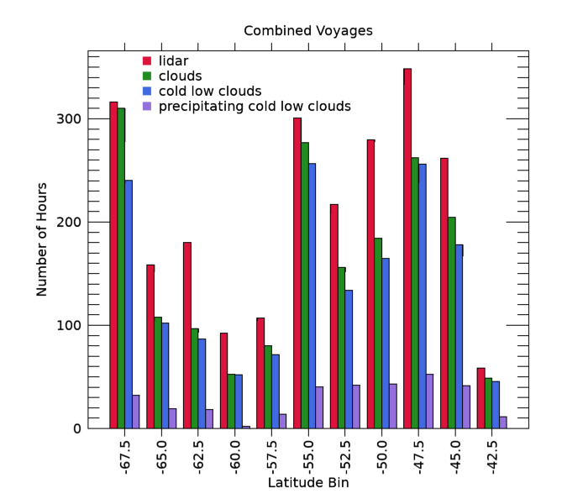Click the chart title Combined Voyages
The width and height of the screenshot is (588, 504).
coord(307,31)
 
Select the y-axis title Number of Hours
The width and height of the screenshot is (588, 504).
coord(42,239)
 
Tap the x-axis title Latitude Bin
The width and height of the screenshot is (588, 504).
coord(307,483)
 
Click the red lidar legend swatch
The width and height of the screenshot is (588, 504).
coord(146,61)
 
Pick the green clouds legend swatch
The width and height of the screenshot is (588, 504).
coord(146,76)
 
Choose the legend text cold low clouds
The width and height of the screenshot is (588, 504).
coord(210,92)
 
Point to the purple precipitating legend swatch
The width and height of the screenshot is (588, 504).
coord(146,107)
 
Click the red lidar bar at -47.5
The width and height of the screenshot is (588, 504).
coord(407,249)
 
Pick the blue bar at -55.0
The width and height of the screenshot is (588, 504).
coord(312,296)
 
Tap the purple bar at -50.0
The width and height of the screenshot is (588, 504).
coord(393,407)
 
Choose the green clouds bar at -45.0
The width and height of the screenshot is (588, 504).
coord(452,323)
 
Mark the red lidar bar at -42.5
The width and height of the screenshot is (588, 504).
coord(480,398)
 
